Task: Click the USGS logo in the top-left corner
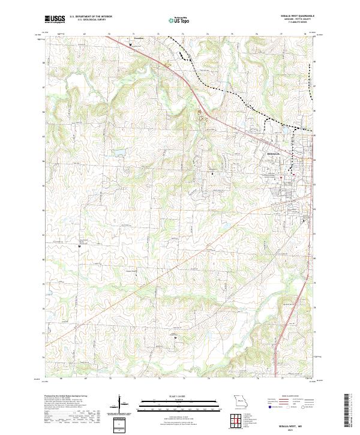coord(55,19)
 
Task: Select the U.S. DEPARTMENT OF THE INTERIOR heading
coord(91,17)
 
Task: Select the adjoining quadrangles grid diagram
coord(236,419)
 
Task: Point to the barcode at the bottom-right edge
coord(346,410)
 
